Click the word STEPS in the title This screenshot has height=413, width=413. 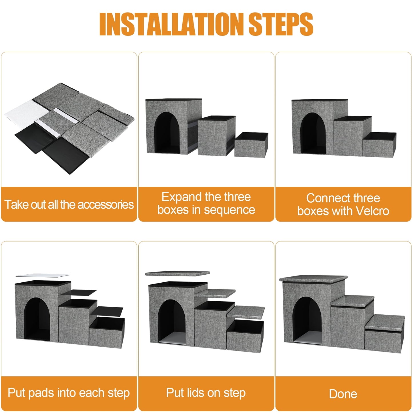point(281,24)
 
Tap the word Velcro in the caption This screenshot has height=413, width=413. point(372,211)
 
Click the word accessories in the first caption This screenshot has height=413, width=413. point(106,204)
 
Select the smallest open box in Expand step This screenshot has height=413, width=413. point(251,145)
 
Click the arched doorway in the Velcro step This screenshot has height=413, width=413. point(313,133)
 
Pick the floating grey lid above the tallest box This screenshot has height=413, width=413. point(177,274)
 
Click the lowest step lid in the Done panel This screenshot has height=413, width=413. point(385,323)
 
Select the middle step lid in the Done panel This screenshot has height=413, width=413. point(352,301)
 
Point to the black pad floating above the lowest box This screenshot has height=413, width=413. point(107,311)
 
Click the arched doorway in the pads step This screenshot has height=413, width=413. point(37,319)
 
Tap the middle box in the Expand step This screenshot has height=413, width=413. point(216,136)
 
